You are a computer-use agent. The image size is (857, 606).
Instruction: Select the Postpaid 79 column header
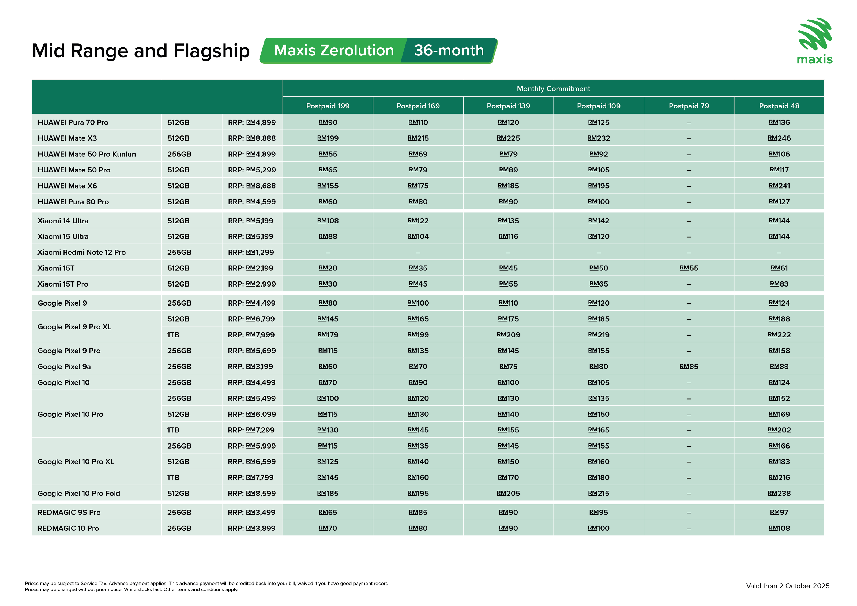pyautogui.click(x=689, y=106)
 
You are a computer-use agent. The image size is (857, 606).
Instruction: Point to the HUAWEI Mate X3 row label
pyautogui.click(x=67, y=138)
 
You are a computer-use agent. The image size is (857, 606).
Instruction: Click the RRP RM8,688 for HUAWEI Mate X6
pyautogui.click(x=252, y=186)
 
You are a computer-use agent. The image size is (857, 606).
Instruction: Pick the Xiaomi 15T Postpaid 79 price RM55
pyautogui.click(x=689, y=268)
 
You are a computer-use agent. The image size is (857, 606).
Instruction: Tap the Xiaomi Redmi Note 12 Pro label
pyautogui.click(x=81, y=253)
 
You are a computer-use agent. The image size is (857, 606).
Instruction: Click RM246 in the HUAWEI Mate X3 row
pyautogui.click(x=779, y=138)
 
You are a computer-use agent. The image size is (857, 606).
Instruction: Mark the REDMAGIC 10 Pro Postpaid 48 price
pyautogui.click(x=779, y=528)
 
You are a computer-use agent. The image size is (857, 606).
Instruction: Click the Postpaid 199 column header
pyautogui.click(x=328, y=106)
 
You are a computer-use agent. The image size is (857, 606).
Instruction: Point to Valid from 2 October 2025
pyautogui.click(x=788, y=586)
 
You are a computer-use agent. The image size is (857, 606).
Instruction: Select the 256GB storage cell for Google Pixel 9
pyautogui.click(x=179, y=303)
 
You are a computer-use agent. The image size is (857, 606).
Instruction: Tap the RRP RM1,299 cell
pyautogui.click(x=251, y=253)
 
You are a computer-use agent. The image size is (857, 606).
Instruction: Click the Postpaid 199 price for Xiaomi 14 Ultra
pyautogui.click(x=328, y=221)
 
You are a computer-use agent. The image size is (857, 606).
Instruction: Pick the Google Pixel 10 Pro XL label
pyautogui.click(x=76, y=462)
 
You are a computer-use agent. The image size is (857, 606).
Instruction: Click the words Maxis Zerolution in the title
pyautogui.click(x=334, y=50)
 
